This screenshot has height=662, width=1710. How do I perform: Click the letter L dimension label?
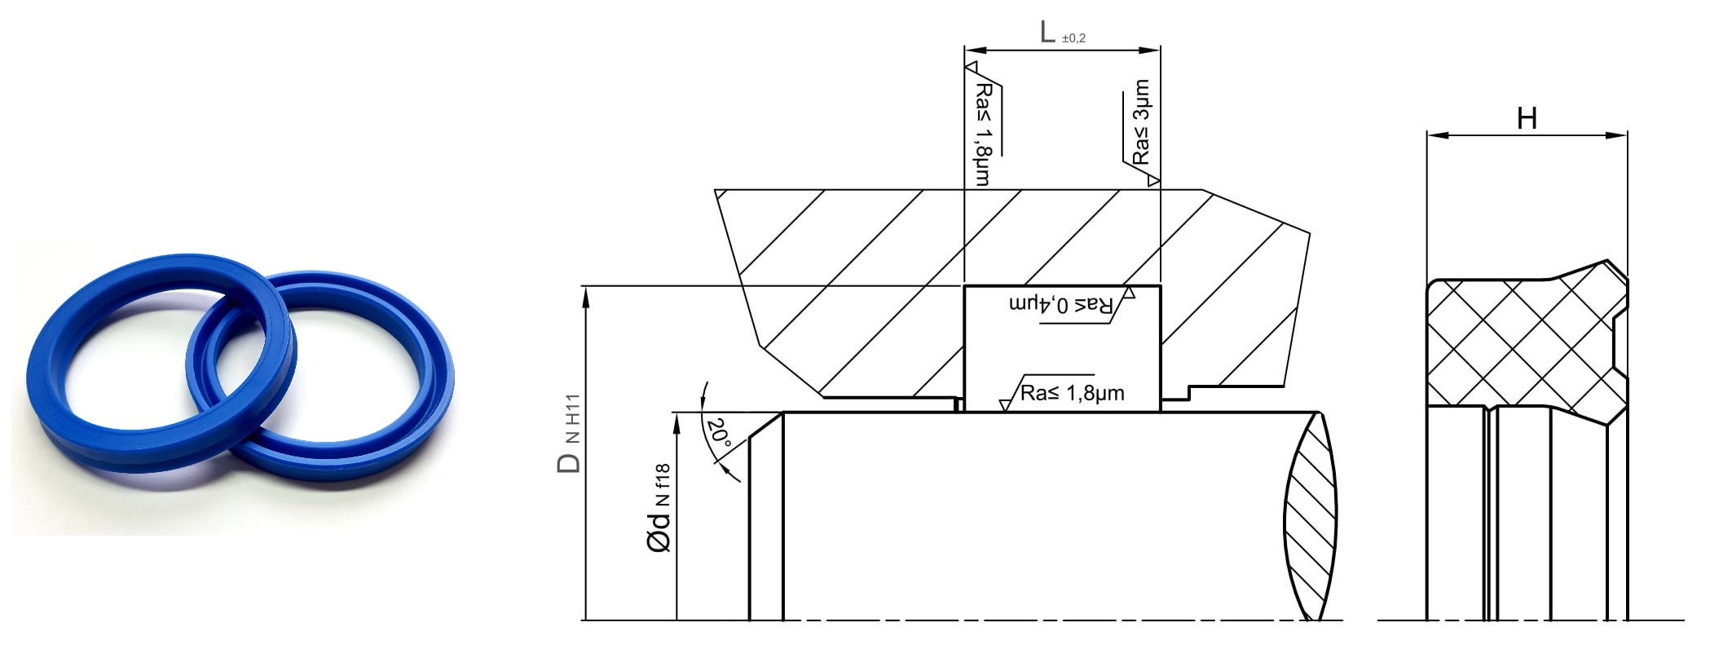pyautogui.click(x=1048, y=32)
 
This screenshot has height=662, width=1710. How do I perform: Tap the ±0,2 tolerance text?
pyautogui.click(x=1074, y=38)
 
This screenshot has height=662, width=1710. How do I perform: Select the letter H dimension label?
pyautogui.click(x=1527, y=119)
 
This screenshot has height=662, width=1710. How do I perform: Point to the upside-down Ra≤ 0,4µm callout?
pyautogui.click(x=1060, y=305)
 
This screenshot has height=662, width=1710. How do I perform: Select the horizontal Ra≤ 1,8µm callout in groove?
pyautogui.click(x=1072, y=394)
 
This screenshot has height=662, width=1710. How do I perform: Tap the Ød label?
pyautogui.click(x=659, y=532)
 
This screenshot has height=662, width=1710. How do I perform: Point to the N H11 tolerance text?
pyautogui.click(x=573, y=419)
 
